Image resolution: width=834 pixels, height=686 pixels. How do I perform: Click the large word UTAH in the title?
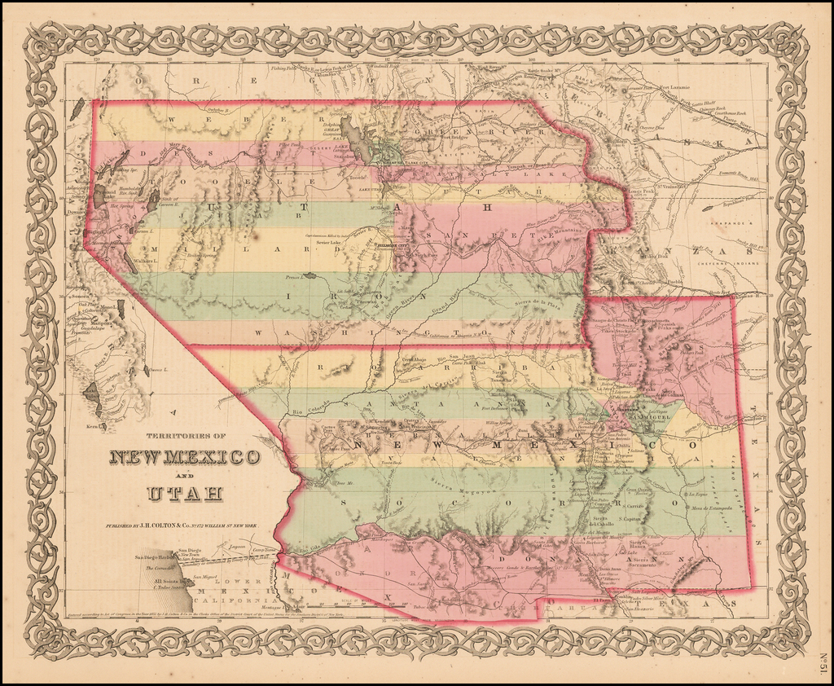185,493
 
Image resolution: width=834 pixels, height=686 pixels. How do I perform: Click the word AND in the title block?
185,476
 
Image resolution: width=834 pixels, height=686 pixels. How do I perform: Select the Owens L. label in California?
156,369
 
